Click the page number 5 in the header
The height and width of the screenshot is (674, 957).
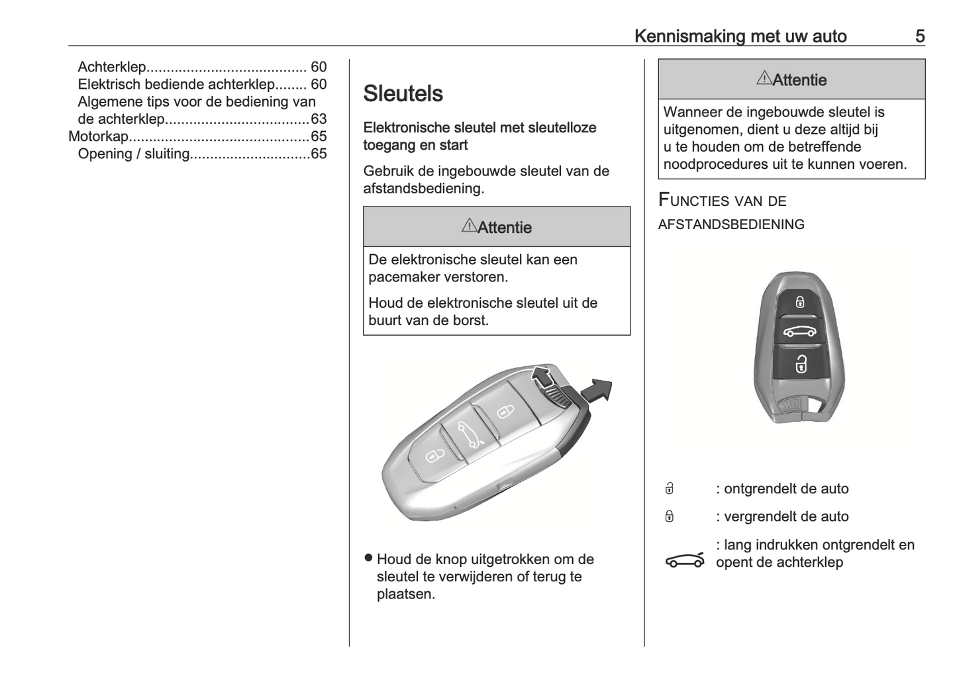point(919,36)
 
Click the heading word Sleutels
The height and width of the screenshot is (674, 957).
point(403,93)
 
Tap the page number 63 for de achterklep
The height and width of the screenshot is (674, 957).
point(319,119)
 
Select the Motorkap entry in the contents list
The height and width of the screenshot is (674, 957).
point(99,136)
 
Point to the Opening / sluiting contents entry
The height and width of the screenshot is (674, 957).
point(134,154)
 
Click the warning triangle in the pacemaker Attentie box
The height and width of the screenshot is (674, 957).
point(469,226)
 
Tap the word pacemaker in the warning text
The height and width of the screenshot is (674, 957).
point(404,277)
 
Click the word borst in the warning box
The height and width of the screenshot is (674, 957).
point(470,320)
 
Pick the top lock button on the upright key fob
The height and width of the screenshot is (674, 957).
point(800,302)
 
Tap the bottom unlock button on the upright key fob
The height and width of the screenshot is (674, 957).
point(801,363)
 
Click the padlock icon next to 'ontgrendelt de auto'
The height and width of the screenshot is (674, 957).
point(670,489)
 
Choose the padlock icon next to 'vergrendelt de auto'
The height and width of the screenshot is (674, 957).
point(670,516)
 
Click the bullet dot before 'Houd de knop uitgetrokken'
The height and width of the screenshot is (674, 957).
point(369,558)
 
